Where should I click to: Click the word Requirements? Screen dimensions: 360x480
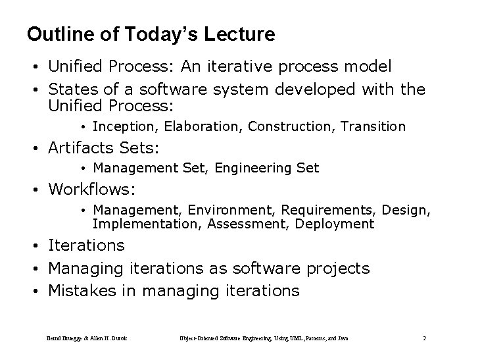coord(322,211)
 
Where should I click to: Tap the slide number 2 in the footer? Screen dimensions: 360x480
coord(425,338)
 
